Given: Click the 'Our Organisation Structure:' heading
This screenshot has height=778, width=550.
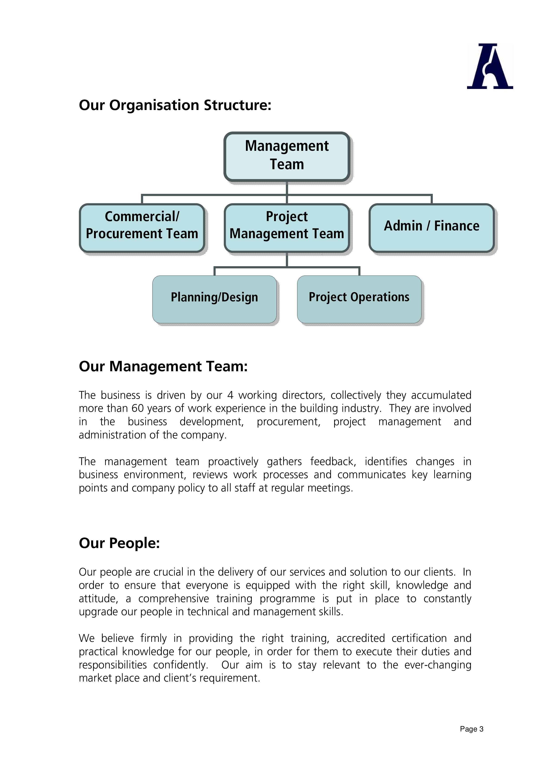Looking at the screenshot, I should [x=175, y=105].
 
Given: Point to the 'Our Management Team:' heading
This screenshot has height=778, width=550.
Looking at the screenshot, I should [x=163, y=366].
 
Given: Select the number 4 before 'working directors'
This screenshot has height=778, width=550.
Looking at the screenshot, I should [x=230, y=395].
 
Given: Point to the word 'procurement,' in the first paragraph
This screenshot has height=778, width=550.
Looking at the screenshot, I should [x=288, y=422].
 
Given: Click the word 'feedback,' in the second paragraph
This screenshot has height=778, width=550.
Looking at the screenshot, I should [x=333, y=462].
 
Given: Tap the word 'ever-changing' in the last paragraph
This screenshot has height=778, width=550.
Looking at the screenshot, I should [x=438, y=665].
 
